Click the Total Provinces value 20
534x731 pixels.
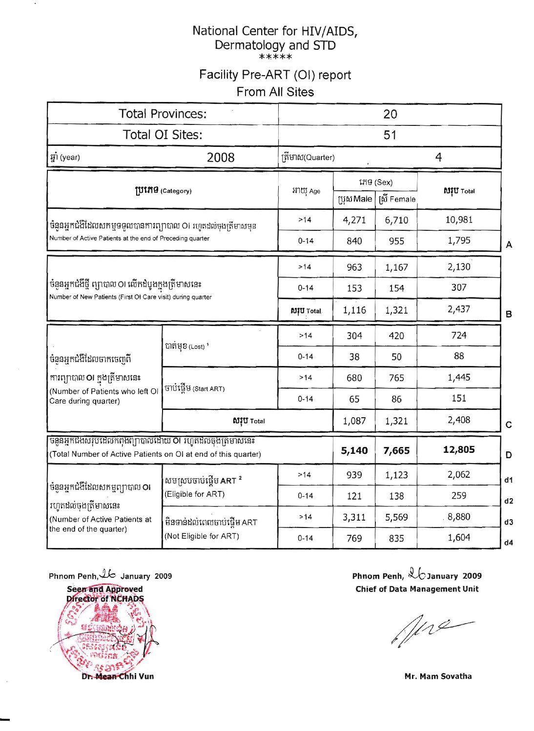click(390, 114)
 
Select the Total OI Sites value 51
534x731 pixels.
click(390, 135)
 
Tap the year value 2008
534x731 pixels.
click(220, 157)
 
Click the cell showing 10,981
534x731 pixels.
click(458, 220)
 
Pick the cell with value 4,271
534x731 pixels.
click(354, 220)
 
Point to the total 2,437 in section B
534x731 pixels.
click(458, 309)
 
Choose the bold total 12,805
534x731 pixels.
click(458, 449)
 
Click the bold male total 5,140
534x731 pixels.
click(354, 450)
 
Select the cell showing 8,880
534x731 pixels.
click(458, 516)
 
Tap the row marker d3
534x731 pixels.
click(509, 522)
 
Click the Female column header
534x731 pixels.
click(397, 199)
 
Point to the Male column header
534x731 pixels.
click(355, 199)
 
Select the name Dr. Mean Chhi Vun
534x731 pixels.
click(118, 676)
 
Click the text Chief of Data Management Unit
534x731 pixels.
click(417, 589)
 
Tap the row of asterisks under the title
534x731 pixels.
click(275, 58)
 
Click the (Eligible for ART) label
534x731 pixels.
click(194, 494)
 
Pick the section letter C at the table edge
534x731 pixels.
click(509, 425)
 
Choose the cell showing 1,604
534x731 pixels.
click(458, 537)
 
